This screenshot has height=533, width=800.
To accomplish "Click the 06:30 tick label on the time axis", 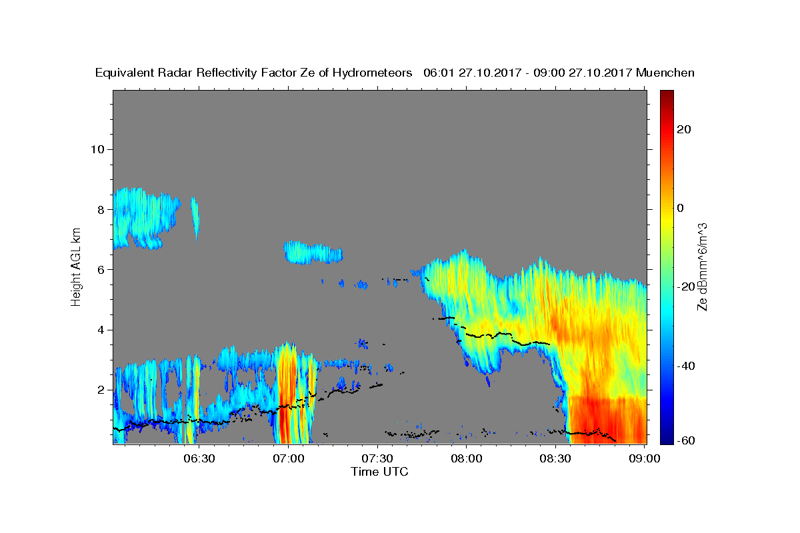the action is pyautogui.click(x=199, y=459).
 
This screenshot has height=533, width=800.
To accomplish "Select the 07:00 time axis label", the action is pyautogui.click(x=289, y=459).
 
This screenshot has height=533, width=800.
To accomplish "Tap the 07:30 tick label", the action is pyautogui.click(x=377, y=459).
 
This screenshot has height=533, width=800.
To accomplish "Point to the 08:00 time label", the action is pyautogui.click(x=467, y=459).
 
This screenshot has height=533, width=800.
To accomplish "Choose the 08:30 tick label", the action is pyautogui.click(x=555, y=459).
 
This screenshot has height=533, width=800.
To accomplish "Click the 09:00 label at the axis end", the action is pyautogui.click(x=645, y=459).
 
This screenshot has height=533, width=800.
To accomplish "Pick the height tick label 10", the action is pyautogui.click(x=97, y=150).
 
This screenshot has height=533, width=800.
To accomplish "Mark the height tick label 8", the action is pyautogui.click(x=101, y=210).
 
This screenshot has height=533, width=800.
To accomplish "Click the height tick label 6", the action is pyautogui.click(x=101, y=270).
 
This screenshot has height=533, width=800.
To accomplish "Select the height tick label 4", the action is pyautogui.click(x=101, y=330).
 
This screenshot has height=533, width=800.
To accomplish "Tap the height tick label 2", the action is pyautogui.click(x=101, y=390).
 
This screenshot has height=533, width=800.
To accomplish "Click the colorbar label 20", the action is pyautogui.click(x=684, y=130).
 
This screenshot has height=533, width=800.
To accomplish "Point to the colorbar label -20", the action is pyautogui.click(x=686, y=287).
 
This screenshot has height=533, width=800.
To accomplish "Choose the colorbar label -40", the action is pyautogui.click(x=686, y=366).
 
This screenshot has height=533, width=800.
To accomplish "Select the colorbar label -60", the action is pyautogui.click(x=686, y=441).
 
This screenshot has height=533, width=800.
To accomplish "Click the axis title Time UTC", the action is pyautogui.click(x=379, y=472).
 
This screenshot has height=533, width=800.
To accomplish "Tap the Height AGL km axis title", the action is pyautogui.click(x=76, y=267).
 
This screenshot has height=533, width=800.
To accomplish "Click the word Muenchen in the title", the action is pyautogui.click(x=665, y=73).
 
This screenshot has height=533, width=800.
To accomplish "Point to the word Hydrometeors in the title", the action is pyautogui.click(x=372, y=73).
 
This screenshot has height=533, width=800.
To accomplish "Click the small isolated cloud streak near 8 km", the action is pyautogui.click(x=195, y=218).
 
